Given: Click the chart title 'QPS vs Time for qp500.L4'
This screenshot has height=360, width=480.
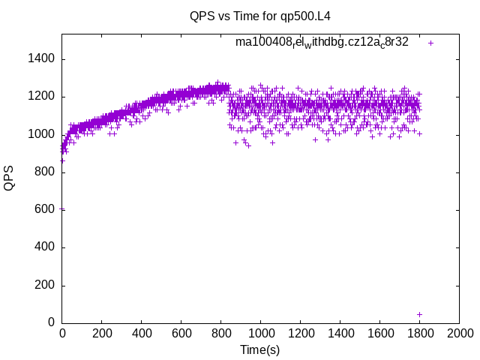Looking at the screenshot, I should [x=250, y=16].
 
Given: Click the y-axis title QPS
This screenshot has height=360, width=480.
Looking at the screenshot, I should [x=9, y=178].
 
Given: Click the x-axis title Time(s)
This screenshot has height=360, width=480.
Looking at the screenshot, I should [x=260, y=349].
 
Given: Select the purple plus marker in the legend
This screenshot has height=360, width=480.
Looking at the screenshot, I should [x=430, y=43].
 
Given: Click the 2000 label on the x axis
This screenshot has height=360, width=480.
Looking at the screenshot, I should [x=460, y=333].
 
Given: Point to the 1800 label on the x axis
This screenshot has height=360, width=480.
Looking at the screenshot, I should [x=420, y=333].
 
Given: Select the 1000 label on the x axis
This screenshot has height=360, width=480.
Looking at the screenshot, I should [x=261, y=333].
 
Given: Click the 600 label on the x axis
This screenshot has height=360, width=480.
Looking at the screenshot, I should [x=181, y=333].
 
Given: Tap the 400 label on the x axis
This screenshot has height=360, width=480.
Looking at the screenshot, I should [x=142, y=333].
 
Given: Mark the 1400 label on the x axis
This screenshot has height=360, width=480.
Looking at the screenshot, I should [x=340, y=333].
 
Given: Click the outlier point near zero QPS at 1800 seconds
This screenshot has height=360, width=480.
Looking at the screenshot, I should [x=419, y=314].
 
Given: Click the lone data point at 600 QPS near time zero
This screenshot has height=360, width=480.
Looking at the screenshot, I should [x=62, y=209].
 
